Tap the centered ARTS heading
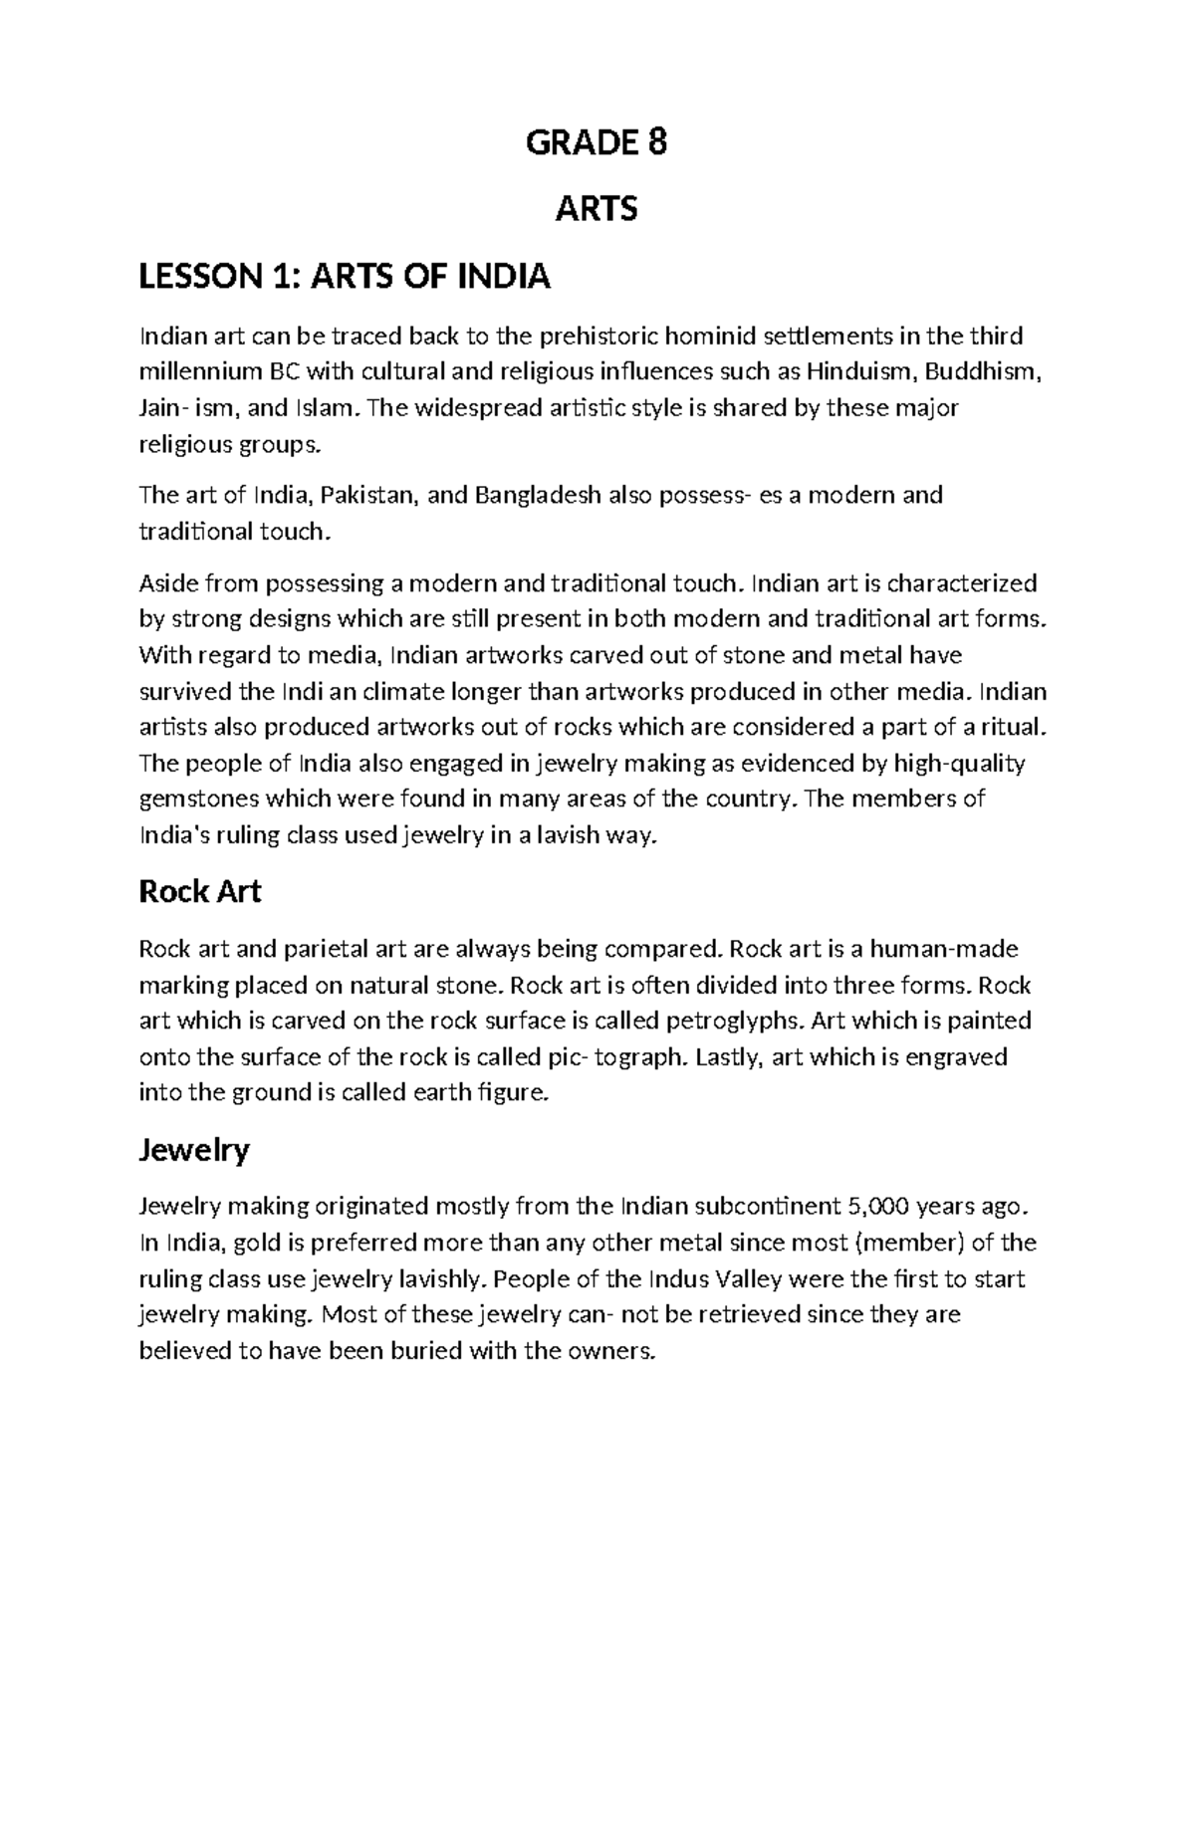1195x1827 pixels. [596, 209]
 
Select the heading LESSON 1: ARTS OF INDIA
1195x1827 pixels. [344, 276]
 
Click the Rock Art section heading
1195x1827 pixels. [199, 891]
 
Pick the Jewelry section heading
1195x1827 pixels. [193, 1150]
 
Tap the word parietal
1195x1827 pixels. [320, 949]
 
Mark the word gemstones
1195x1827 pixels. [196, 799]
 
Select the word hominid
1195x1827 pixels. [715, 337]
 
